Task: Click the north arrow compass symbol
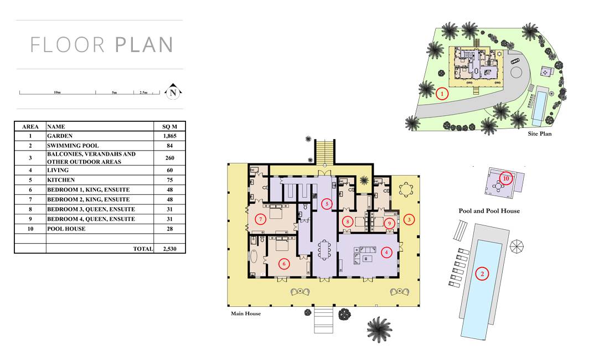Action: [173, 91]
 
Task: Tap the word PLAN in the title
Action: [144, 45]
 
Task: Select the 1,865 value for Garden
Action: [170, 136]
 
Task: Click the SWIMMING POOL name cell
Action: [73, 146]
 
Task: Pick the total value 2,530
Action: [170, 249]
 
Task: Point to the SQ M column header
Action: [170, 127]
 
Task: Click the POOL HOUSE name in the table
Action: [66, 229]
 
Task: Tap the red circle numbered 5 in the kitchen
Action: [327, 204]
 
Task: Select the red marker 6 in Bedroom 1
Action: [284, 264]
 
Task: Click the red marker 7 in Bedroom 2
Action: [261, 219]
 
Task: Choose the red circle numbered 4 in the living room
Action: [386, 253]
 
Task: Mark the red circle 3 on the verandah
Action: [409, 220]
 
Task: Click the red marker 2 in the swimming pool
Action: [482, 274]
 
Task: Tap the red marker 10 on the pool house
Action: [505, 178]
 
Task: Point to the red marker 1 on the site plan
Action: [442, 94]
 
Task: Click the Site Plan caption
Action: [539, 133]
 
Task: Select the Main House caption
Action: [246, 313]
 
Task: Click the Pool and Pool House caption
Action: [489, 211]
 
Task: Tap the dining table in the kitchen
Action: [323, 250]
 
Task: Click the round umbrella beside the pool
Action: [517, 246]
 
